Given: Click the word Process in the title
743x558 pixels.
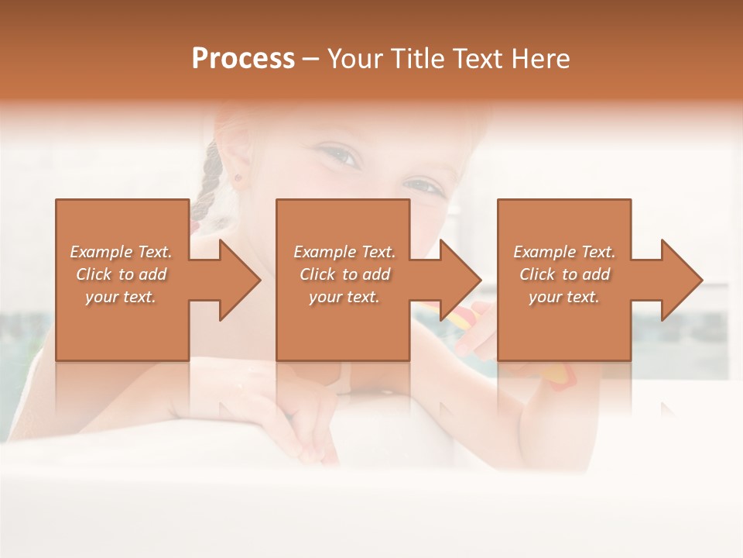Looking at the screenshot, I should (243, 59).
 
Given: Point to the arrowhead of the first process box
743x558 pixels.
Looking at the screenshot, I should (239, 280).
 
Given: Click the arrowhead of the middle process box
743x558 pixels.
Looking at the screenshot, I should (460, 280).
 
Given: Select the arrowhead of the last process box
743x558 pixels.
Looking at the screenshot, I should (681, 280).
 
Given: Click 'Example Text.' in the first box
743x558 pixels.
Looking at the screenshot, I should (121, 252).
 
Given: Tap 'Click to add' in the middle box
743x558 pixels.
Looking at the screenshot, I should (344, 274).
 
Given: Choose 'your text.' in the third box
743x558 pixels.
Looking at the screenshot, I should (564, 297).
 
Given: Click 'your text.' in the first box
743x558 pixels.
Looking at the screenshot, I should (121, 297).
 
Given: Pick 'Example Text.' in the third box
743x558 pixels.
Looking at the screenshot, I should (564, 252).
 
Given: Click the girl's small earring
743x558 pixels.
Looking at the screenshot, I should (238, 177).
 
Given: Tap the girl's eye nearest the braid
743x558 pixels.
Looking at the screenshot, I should (341, 157).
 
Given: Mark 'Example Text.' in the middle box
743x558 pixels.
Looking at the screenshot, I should (344, 252).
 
